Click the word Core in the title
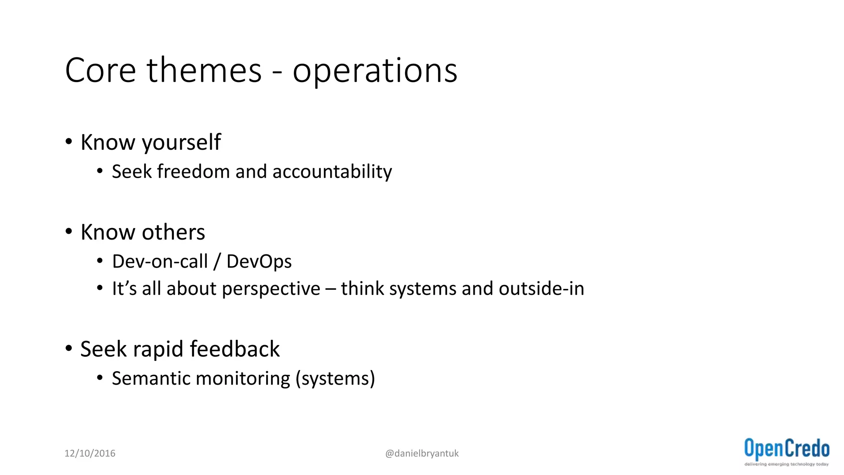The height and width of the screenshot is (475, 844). (101, 71)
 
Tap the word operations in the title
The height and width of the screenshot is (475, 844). (375, 71)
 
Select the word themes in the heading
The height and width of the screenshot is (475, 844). (204, 71)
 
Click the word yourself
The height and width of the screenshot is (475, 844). (181, 143)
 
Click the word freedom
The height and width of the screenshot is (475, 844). (193, 172)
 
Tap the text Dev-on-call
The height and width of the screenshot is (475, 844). (160, 261)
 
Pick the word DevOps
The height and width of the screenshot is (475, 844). (259, 262)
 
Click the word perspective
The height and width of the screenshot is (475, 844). (271, 289)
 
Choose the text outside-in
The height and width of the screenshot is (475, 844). (542, 289)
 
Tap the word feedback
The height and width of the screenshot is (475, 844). (234, 349)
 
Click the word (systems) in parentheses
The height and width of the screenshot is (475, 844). (335, 379)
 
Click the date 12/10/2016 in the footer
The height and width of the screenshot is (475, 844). (90, 454)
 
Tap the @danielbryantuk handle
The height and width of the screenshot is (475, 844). (422, 454)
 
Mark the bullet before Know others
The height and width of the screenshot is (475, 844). (69, 231)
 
